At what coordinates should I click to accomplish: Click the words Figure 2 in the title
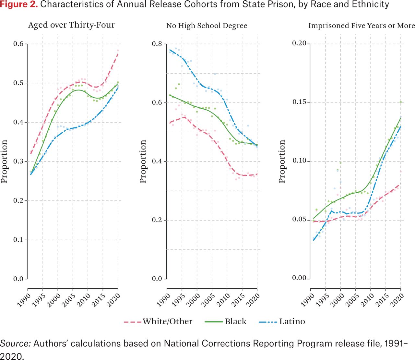point(19,5)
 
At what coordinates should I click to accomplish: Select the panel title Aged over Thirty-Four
point(71,25)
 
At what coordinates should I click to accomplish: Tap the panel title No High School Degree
point(207,26)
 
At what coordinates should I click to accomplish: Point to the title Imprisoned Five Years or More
point(361,26)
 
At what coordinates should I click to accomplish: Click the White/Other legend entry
point(158,321)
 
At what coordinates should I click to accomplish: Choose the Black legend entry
point(226,321)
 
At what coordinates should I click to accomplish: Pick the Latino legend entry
point(282,321)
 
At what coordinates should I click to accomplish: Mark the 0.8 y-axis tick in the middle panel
point(157,44)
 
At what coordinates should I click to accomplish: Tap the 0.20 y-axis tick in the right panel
point(299,43)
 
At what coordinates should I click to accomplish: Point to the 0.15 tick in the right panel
point(299,102)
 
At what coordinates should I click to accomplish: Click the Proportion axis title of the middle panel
point(143,162)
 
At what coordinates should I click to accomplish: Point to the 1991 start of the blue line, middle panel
point(170,50)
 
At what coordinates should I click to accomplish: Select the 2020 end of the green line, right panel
point(401,118)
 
